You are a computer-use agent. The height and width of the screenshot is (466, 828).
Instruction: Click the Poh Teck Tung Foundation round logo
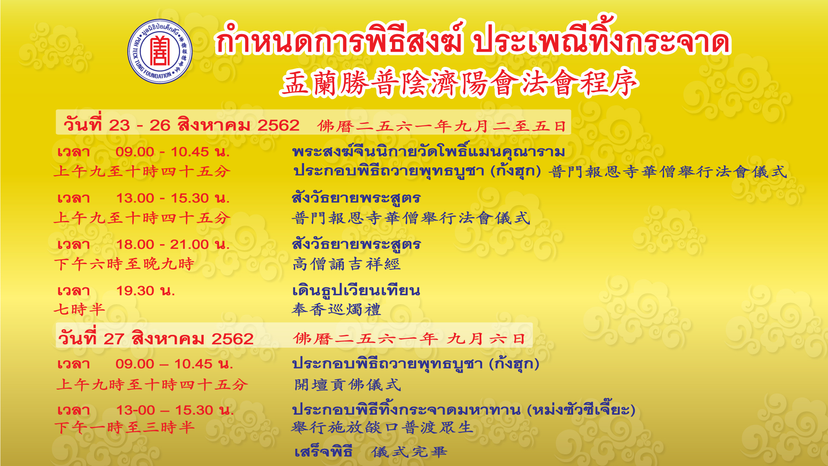click(x=160, y=52)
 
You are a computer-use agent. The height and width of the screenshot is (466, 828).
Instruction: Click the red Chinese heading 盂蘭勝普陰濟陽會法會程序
click(x=460, y=82)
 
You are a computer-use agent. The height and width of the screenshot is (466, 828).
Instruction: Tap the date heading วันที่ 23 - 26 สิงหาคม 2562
click(x=182, y=125)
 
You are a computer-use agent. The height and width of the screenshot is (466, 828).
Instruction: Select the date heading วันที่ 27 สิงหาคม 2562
click(x=156, y=338)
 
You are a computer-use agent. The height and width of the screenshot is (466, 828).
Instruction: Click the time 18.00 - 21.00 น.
click(x=173, y=244)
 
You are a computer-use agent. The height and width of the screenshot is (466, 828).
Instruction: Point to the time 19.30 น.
click(x=145, y=291)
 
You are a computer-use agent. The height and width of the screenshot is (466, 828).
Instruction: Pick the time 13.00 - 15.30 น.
click(x=173, y=198)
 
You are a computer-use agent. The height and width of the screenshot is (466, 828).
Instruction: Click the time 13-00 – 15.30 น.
click(x=175, y=410)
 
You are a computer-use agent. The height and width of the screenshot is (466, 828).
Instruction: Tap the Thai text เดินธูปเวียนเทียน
click(x=356, y=290)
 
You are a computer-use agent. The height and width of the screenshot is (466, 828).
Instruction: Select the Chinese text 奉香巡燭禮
click(x=336, y=310)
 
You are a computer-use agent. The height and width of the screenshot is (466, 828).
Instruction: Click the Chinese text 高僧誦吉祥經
click(x=347, y=264)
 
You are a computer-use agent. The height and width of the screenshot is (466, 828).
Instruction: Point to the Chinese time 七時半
click(x=80, y=309)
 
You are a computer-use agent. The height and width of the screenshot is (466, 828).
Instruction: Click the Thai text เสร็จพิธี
click(x=323, y=452)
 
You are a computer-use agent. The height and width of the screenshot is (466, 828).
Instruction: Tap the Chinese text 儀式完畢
click(x=409, y=452)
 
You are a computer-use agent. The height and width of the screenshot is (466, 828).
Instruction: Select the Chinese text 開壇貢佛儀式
click(x=348, y=384)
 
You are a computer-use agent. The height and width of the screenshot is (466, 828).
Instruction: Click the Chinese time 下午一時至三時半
click(x=125, y=428)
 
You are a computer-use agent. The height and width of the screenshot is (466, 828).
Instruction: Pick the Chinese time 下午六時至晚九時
click(x=124, y=264)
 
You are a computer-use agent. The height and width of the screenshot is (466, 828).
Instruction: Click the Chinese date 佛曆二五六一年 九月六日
click(x=409, y=338)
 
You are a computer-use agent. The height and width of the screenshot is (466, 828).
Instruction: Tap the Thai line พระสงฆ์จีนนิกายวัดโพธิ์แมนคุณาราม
click(x=429, y=151)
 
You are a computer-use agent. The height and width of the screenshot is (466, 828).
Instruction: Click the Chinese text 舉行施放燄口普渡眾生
click(x=382, y=428)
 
